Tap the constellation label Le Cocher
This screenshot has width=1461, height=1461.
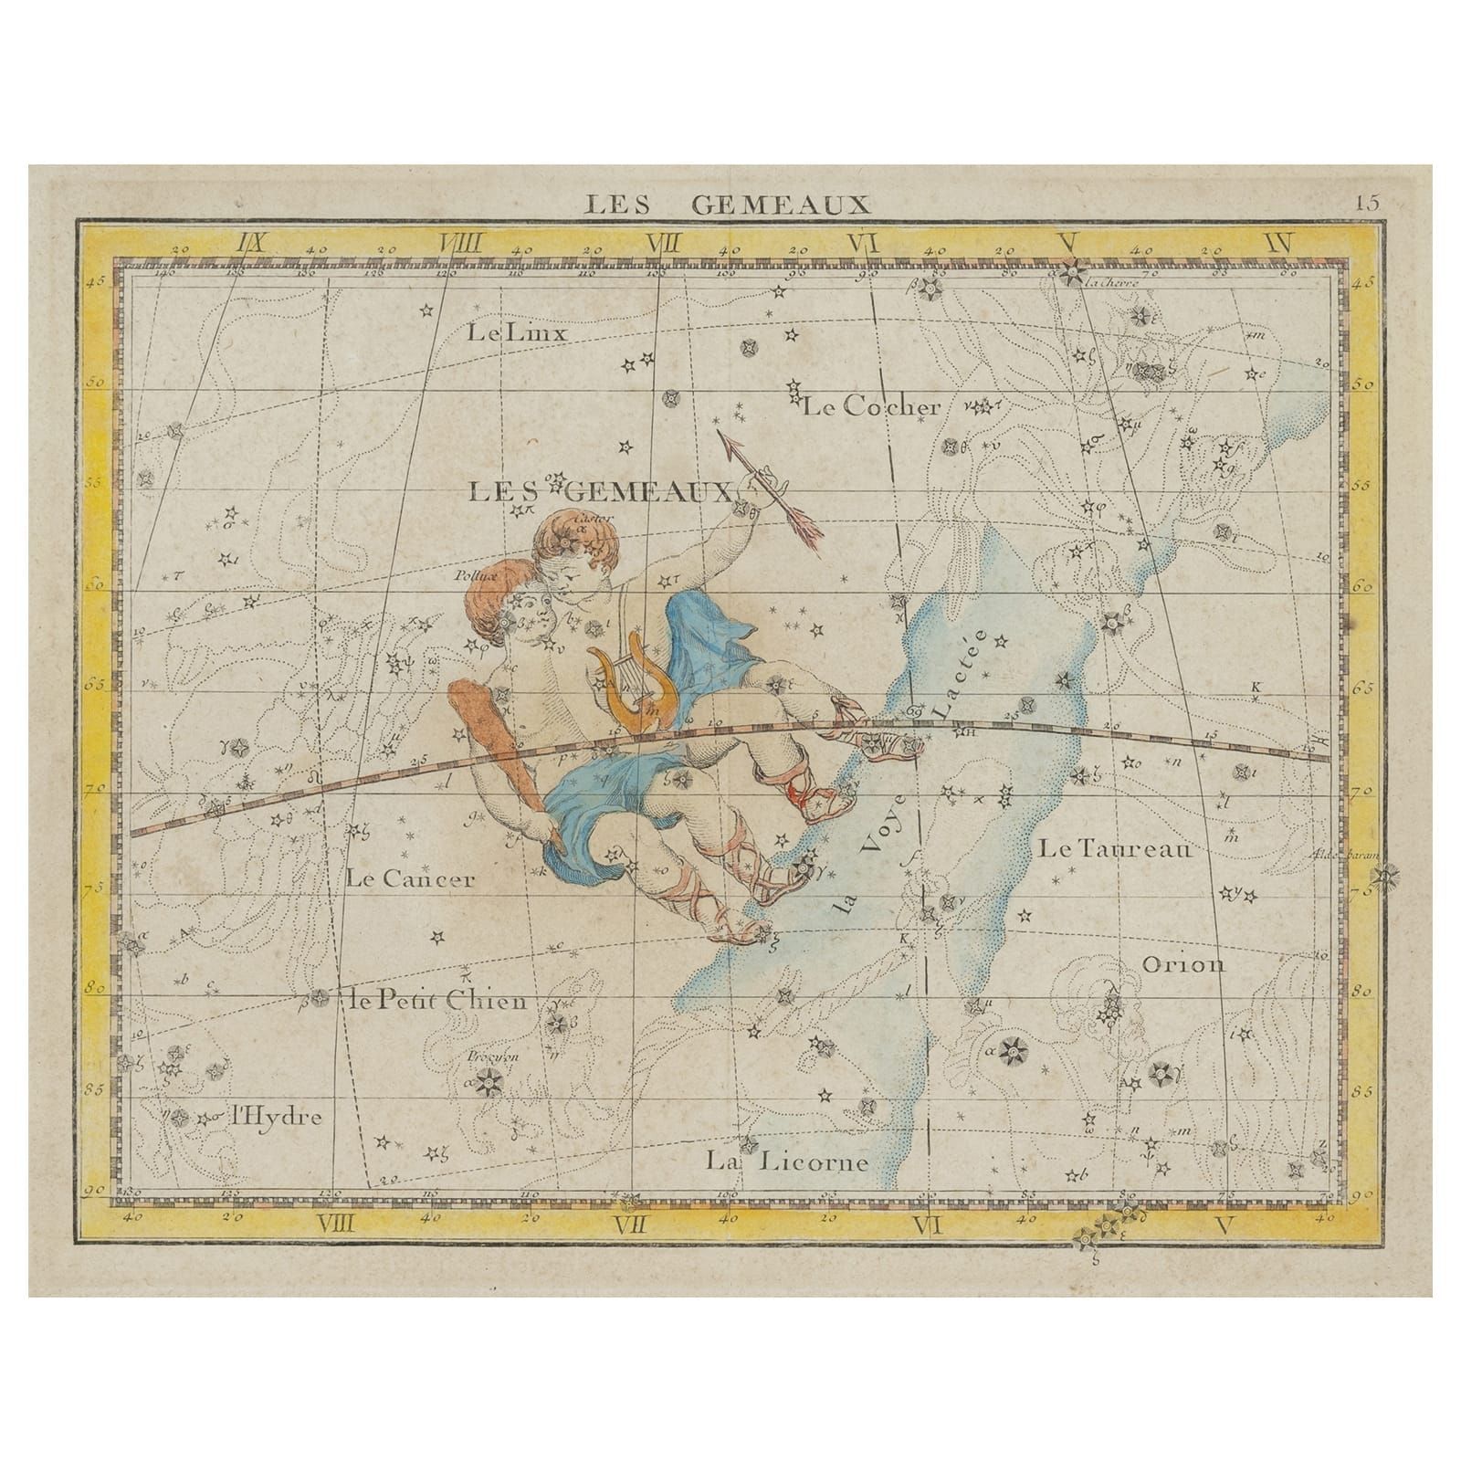pos(870,407)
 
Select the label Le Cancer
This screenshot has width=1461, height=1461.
pos(411,879)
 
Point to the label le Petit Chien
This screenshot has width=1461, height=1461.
pos(438,1002)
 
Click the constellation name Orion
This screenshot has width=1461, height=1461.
pos(1183,964)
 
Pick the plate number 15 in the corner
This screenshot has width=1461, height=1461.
pos(1367,203)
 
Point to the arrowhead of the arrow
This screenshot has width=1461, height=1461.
pos(728,442)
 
